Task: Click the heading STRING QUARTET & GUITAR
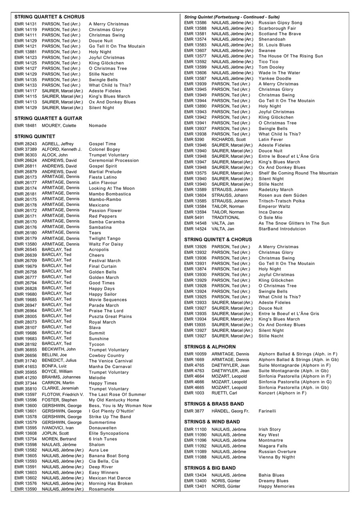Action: (x=48, y=118)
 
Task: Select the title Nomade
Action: (x=98, y=126)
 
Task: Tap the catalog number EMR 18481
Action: (x=26, y=126)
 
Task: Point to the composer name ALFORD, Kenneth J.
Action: (x=62, y=149)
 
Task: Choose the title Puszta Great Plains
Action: (x=110, y=316)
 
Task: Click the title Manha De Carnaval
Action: (x=110, y=366)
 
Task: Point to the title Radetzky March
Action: (x=276, y=190)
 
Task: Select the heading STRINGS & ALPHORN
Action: (x=210, y=347)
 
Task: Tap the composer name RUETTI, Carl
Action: (x=224, y=393)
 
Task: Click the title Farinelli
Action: (x=267, y=411)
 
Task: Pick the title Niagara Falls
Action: (x=273, y=446)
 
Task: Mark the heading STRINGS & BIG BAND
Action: (x=210, y=468)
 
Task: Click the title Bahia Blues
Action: (x=272, y=475)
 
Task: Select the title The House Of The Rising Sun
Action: (x=291, y=56)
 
